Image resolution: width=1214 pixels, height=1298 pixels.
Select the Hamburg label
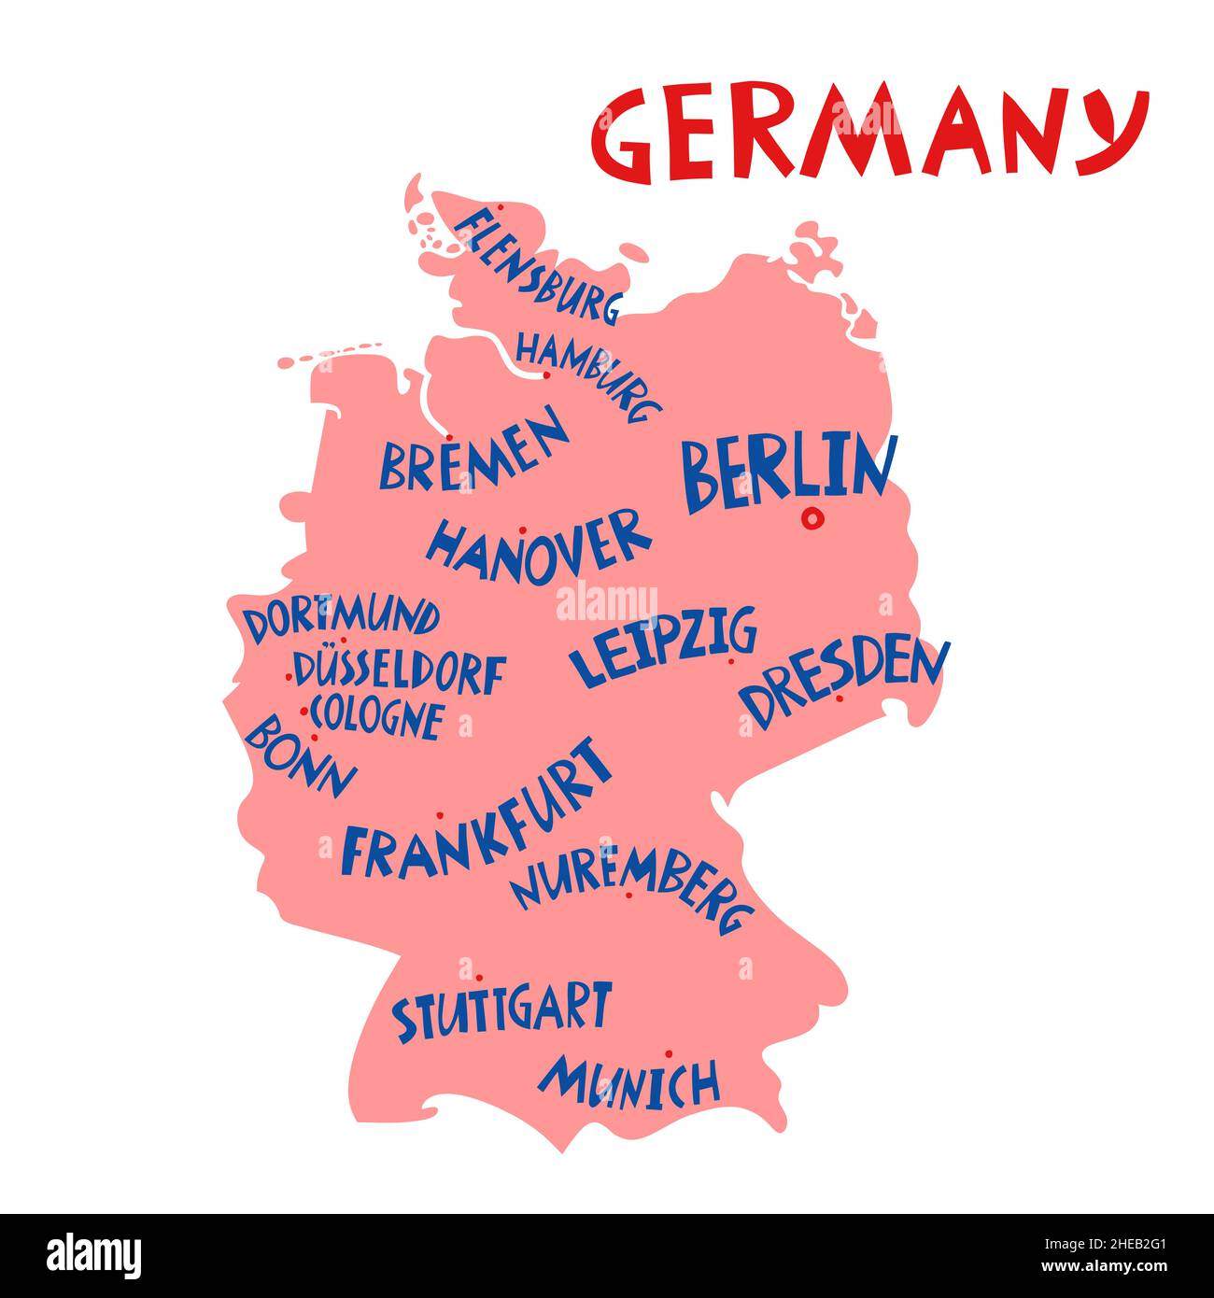click(x=588, y=374)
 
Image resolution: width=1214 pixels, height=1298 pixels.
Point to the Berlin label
click(x=787, y=471)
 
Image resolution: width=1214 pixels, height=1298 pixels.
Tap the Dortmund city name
click(x=342, y=619)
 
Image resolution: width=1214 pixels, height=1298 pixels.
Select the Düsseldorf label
click(x=400, y=671)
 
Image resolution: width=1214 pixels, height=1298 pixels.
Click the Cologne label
click(x=376, y=717)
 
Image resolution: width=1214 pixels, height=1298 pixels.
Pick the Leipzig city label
click(x=663, y=646)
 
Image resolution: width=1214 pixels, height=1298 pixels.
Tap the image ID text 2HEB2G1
click(x=1112, y=1246)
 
